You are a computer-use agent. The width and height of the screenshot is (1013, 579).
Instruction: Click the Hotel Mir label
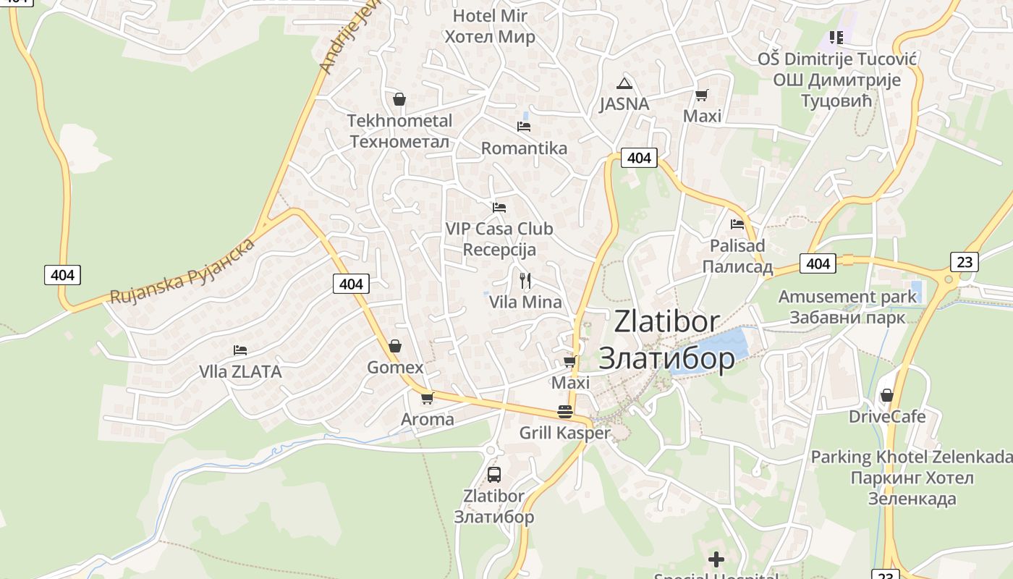(490, 16)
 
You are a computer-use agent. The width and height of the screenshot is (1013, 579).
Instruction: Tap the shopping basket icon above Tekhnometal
(399, 99)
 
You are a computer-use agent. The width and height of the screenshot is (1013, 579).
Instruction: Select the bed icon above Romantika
(524, 127)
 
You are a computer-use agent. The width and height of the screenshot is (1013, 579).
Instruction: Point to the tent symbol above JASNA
(624, 83)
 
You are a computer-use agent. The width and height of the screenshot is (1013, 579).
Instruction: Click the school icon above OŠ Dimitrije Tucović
(836, 37)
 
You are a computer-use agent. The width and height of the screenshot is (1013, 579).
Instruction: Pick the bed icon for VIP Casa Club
(499, 208)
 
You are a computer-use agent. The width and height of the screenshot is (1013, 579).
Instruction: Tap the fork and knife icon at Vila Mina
(525, 280)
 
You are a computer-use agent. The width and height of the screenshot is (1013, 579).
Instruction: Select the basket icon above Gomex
(395, 346)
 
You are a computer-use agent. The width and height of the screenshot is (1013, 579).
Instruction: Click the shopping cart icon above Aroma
(428, 398)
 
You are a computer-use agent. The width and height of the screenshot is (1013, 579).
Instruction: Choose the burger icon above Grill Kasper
(565, 412)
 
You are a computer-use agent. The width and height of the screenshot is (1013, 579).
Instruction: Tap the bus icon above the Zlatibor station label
(494, 475)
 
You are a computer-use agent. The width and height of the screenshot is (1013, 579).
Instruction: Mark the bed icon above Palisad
(737, 224)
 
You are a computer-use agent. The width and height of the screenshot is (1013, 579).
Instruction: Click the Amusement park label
(847, 297)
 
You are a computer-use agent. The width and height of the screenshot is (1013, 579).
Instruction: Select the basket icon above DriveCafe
(886, 395)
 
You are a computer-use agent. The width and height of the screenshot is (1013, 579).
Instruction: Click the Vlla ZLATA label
(240, 372)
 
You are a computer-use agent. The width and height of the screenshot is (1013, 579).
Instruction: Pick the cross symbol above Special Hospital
(716, 559)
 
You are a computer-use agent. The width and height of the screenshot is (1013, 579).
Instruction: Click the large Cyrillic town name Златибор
(666, 358)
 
